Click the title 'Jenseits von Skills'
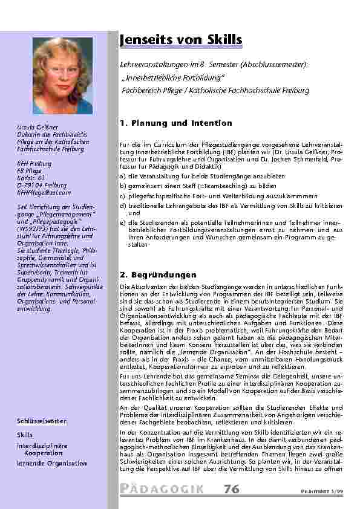click(181, 40)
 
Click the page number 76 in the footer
click(232, 488)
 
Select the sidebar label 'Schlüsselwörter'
click(42, 420)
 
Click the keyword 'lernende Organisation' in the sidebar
click(51, 463)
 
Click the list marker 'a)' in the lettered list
click(123, 175)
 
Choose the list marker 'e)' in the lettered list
click(123, 222)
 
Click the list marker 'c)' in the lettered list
click(123, 196)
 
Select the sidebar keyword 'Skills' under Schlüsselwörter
click(25, 434)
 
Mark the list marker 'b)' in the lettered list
click(123, 186)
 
